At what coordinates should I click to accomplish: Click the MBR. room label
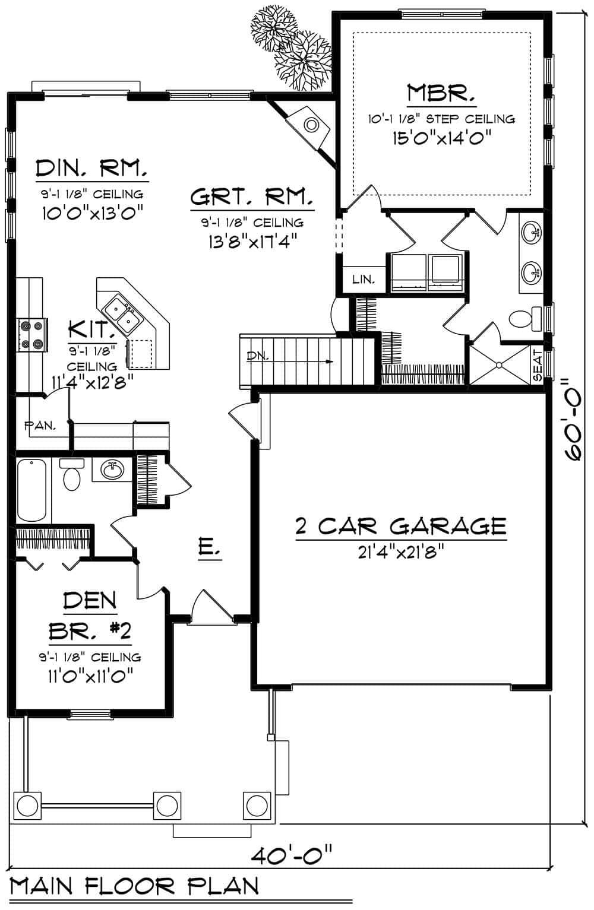[x=441, y=94]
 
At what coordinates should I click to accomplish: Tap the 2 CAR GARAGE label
[x=401, y=526]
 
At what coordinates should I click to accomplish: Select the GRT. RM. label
[x=252, y=197]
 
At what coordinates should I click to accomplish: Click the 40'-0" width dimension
[x=291, y=857]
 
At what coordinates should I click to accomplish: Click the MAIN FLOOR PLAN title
[x=135, y=886]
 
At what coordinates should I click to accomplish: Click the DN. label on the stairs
[x=258, y=357]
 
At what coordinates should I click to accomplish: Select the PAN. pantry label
[x=40, y=425]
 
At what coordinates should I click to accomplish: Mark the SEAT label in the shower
[x=538, y=365]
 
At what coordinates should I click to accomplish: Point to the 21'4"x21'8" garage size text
[x=402, y=553]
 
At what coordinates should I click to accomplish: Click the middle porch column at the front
[x=166, y=806]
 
